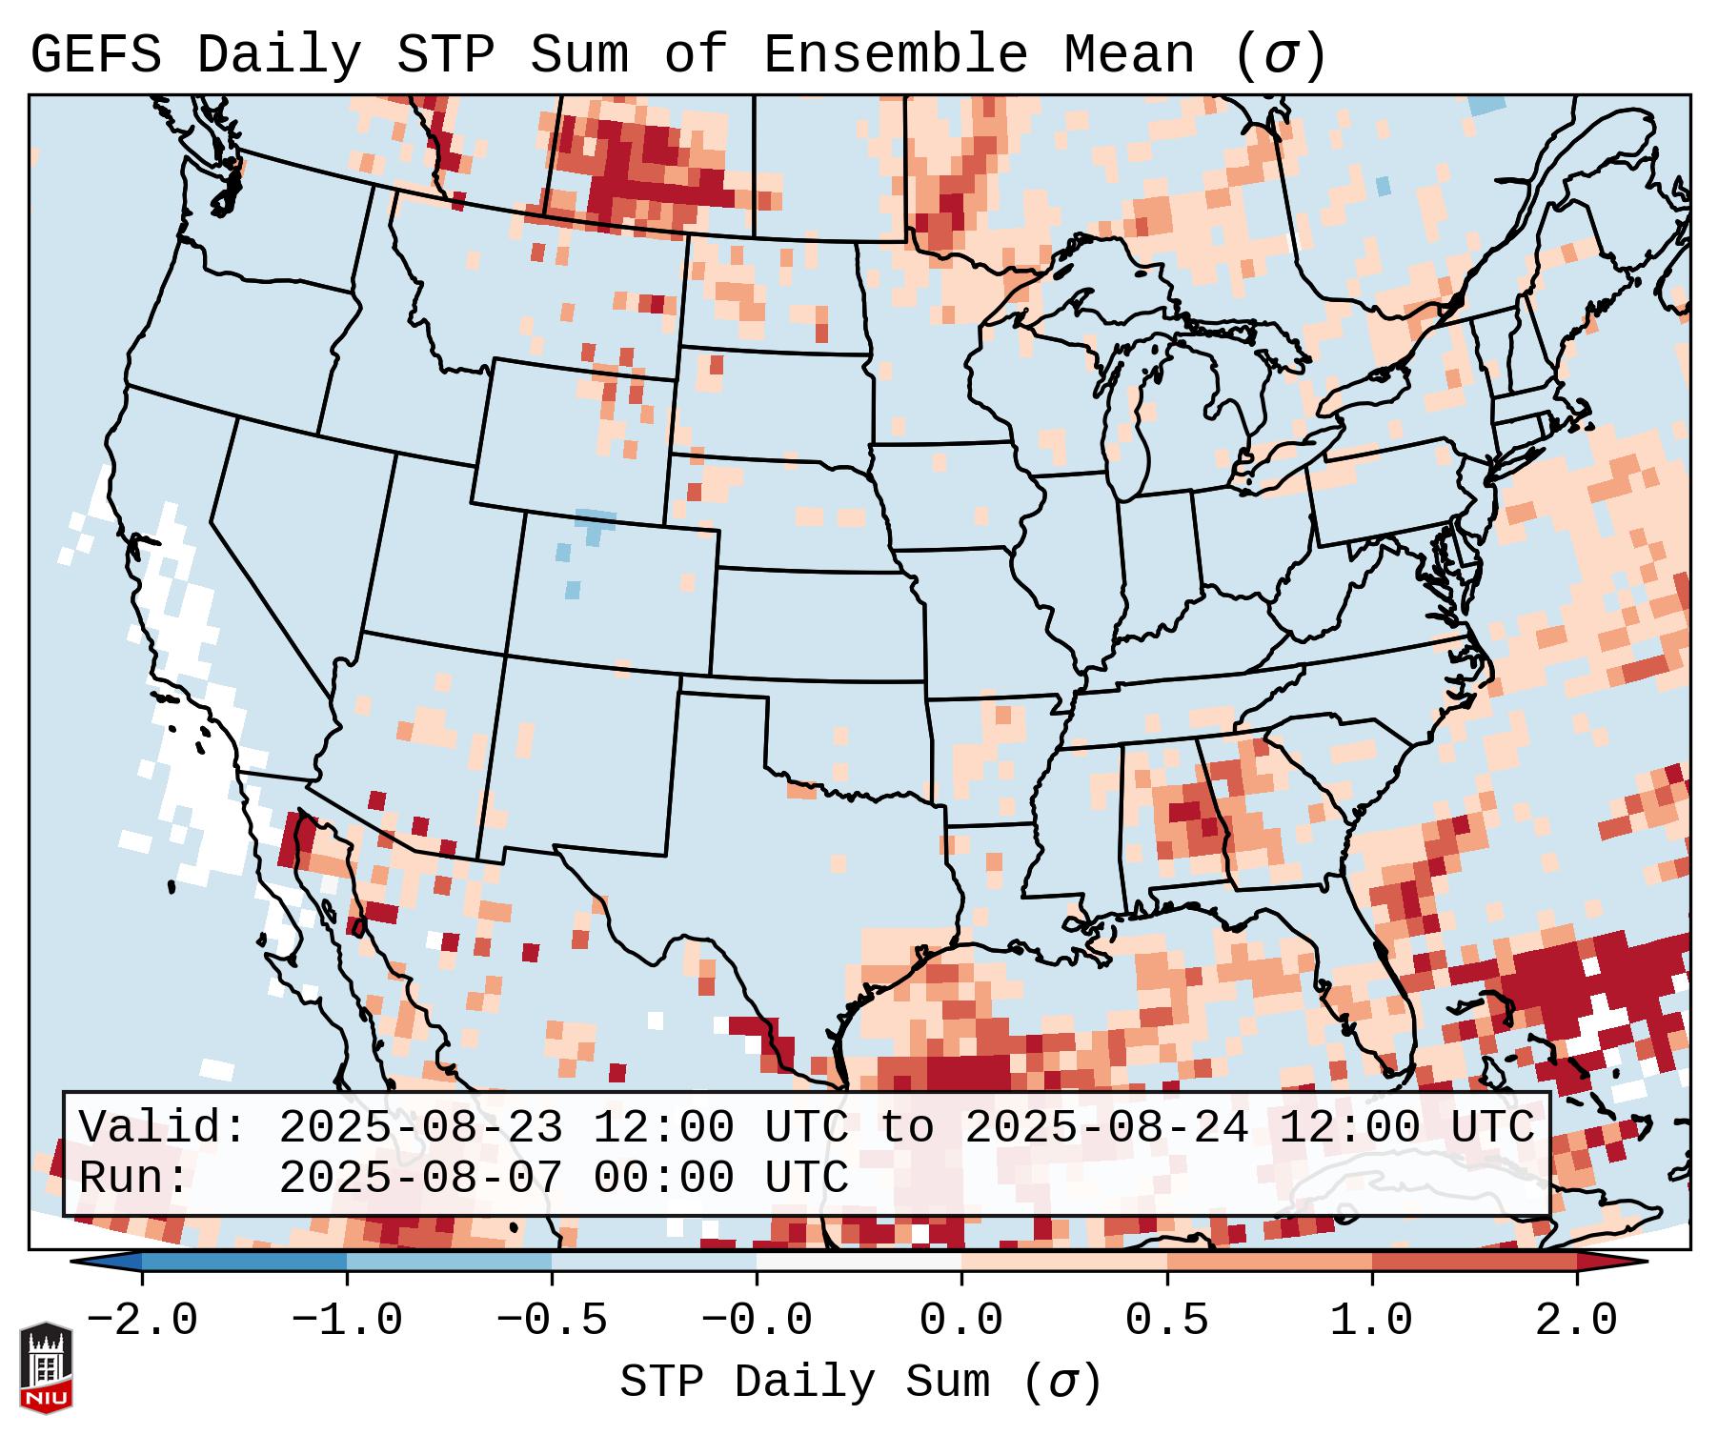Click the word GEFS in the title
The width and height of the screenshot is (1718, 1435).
(95, 55)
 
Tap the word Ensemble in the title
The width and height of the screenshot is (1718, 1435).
(895, 55)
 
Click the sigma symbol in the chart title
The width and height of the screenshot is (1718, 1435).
(1279, 55)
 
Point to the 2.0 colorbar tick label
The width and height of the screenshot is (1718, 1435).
(1576, 1321)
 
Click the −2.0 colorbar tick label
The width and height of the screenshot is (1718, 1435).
(141, 1321)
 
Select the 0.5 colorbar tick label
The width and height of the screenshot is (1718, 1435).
(1166, 1321)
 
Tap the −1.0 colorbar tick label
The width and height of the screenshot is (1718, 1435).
(346, 1321)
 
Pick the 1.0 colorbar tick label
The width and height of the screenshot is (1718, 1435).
(1371, 1321)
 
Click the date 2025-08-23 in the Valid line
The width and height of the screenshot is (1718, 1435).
(420, 1128)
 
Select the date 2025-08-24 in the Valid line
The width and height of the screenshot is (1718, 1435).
(1106, 1128)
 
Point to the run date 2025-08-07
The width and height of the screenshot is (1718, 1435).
(420, 1179)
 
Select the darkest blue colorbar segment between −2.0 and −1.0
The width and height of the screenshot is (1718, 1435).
(244, 1262)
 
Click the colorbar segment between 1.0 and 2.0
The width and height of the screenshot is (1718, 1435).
(1474, 1262)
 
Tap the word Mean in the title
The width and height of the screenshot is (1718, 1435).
(1128, 55)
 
